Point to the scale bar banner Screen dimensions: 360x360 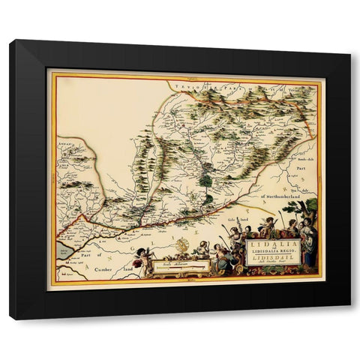pos(183,262)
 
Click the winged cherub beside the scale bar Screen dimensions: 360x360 pos(146,257)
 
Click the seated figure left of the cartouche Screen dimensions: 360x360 pos(217,251)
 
